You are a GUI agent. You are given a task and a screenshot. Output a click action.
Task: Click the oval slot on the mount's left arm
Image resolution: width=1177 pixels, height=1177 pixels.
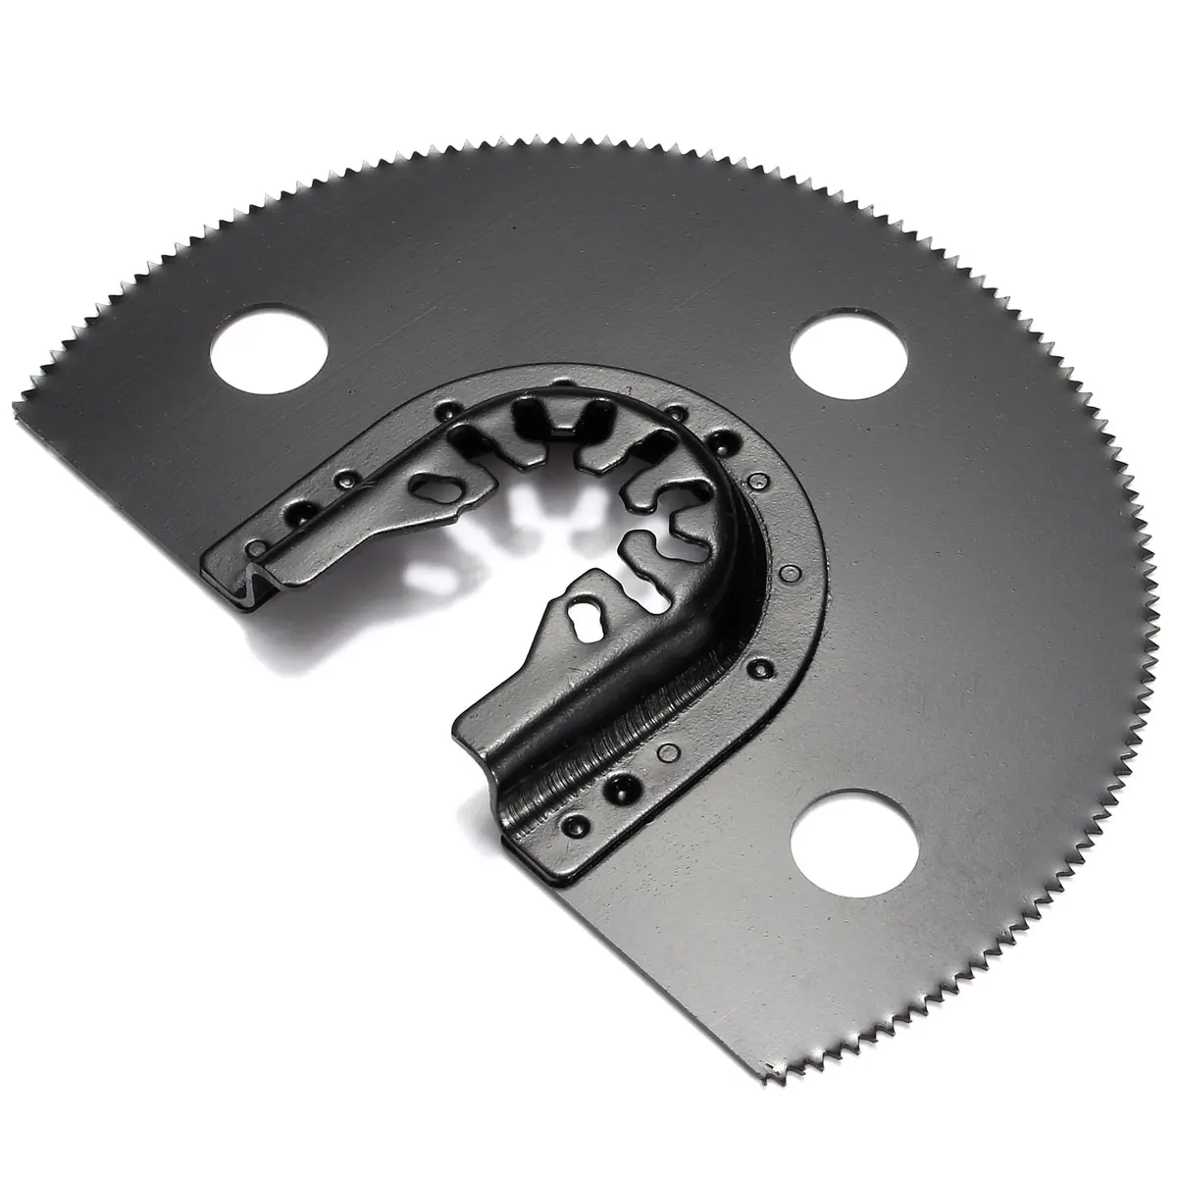(430, 486)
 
